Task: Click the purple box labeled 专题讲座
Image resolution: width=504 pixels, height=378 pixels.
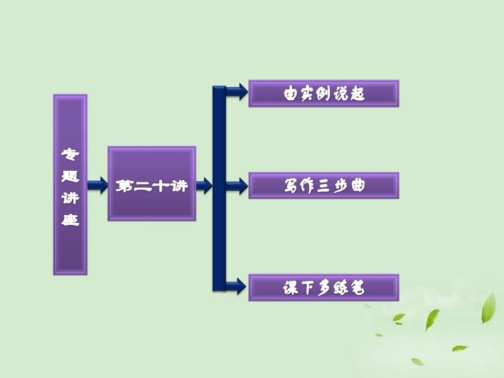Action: point(70,184)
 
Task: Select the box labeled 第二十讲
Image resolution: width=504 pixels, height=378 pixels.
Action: point(152,183)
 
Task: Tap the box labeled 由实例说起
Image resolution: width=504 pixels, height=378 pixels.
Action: point(324,94)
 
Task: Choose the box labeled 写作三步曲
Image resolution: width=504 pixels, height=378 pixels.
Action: point(324,186)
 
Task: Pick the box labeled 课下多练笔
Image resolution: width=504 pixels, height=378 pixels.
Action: point(324,288)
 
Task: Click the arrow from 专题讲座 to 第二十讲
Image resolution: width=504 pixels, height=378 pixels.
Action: point(97,185)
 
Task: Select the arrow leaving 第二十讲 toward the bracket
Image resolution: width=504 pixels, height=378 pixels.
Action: point(204,185)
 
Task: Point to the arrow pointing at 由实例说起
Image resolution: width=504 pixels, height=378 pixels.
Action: point(237,91)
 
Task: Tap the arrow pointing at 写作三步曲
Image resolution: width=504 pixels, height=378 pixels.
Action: point(237,186)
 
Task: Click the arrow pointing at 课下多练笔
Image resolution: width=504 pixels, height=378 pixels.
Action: point(237,286)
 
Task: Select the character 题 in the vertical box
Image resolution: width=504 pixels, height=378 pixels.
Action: point(70,176)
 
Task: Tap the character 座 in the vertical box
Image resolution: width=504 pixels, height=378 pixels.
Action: point(70,219)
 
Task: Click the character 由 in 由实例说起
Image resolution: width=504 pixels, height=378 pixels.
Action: point(291,94)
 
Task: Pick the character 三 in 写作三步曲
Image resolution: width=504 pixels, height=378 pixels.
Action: point(324,186)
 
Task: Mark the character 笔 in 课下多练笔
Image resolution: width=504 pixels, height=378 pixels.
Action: point(357,288)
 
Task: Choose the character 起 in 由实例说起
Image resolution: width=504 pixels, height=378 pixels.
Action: point(357,94)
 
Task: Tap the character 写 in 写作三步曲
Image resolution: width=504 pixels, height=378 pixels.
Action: point(291,186)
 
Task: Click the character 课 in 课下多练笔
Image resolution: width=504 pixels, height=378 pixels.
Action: point(291,288)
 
